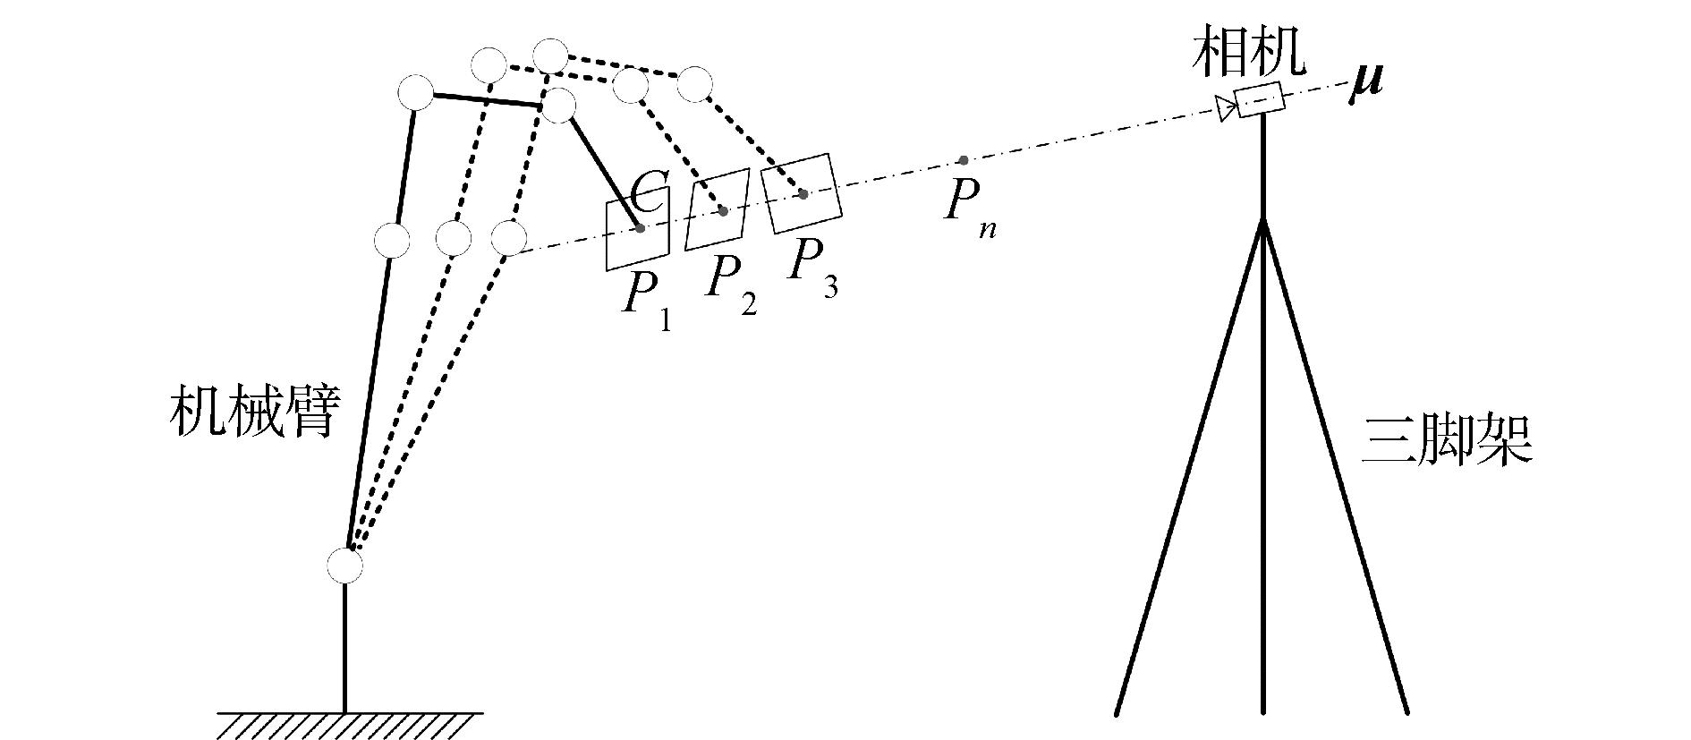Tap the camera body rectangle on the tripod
(1260, 98)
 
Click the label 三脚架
(1447, 439)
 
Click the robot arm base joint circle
(344, 566)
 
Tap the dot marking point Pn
(963, 161)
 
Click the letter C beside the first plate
(646, 193)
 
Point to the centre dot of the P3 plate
(803, 193)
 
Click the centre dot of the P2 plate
(723, 211)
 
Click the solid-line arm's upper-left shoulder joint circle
(415, 93)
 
